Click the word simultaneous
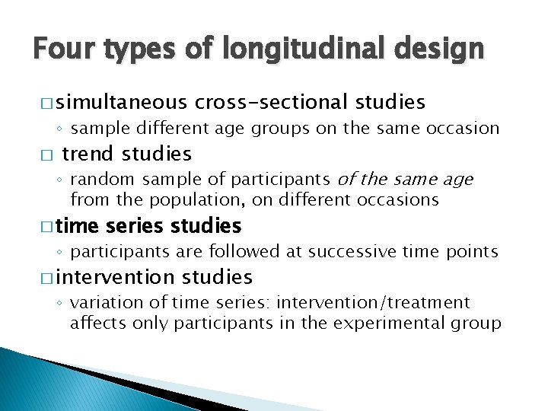pos(121,102)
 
